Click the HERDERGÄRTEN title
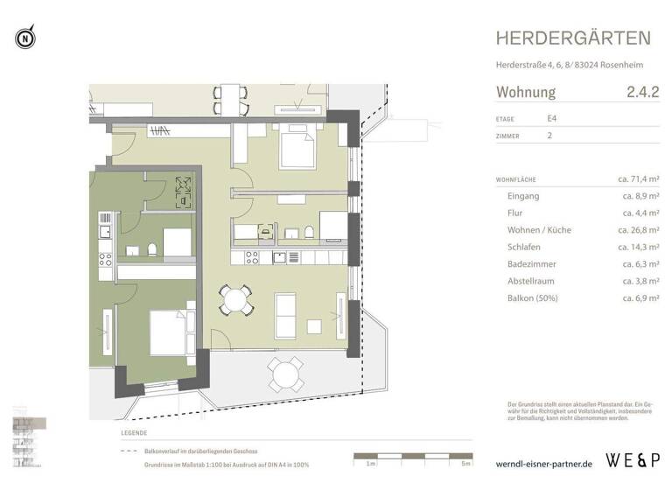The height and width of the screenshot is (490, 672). [573, 38]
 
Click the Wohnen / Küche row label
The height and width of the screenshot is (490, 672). [539, 230]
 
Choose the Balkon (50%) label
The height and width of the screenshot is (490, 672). [533, 298]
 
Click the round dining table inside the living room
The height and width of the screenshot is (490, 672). [235, 300]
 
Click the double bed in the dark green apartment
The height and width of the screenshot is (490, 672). [166, 331]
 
